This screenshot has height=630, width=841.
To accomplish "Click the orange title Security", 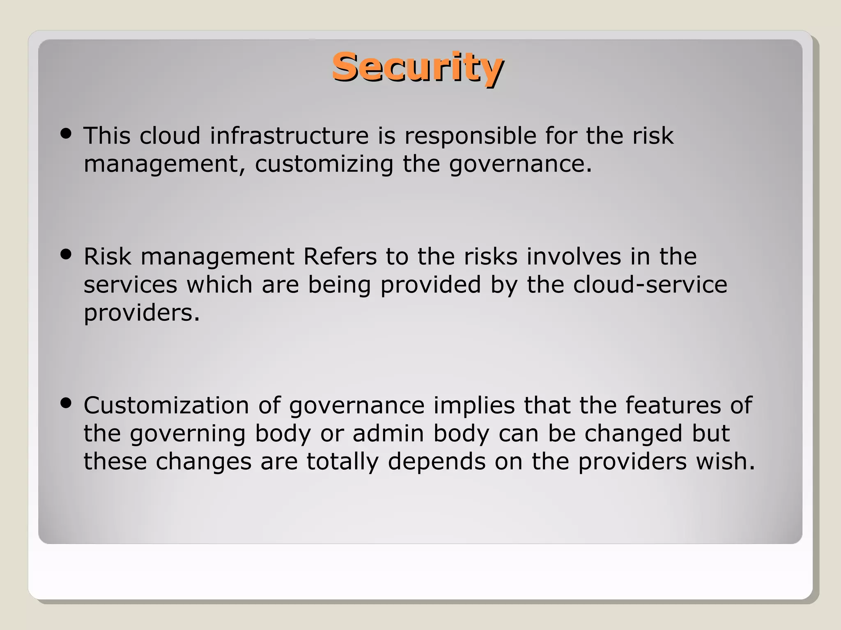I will [x=417, y=67].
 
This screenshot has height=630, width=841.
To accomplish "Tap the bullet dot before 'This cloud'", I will [x=66, y=133].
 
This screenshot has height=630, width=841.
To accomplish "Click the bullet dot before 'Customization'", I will [x=66, y=403].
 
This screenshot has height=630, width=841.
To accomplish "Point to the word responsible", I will [x=470, y=136].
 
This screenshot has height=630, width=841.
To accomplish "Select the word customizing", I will [x=324, y=164].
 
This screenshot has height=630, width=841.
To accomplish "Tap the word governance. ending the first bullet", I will [x=520, y=164].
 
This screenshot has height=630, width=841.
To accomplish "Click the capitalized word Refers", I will [x=340, y=257].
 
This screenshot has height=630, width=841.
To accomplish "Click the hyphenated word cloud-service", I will [x=650, y=285].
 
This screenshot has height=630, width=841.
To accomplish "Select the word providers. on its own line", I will [x=142, y=313].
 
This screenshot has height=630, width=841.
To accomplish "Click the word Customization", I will [x=166, y=406].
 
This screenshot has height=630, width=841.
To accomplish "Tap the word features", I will [x=673, y=406].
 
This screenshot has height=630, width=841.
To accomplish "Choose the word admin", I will [x=388, y=434].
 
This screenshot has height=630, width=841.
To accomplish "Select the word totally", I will [x=342, y=462].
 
